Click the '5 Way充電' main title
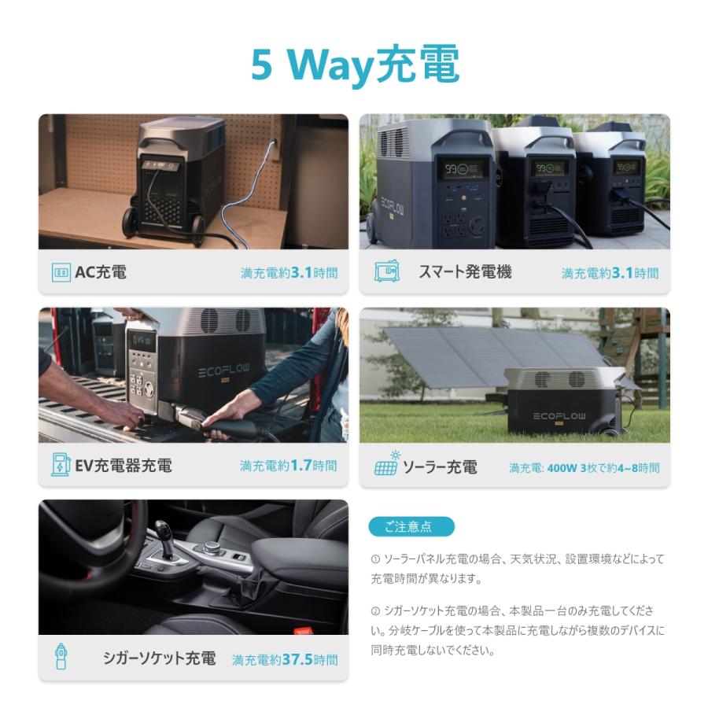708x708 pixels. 354,66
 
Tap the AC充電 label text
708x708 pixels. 101,273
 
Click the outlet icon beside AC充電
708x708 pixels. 61,273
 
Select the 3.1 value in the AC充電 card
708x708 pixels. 301,273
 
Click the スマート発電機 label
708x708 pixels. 465,272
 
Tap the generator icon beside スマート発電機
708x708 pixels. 386,272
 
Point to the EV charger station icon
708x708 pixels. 61,465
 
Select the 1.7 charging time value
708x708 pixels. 301,465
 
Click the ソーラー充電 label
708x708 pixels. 440,467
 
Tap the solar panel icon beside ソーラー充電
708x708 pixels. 386,465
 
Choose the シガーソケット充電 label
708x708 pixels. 159,658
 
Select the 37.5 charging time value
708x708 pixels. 297,659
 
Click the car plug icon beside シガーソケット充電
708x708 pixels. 61,657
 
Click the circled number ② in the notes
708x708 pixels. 375,610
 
